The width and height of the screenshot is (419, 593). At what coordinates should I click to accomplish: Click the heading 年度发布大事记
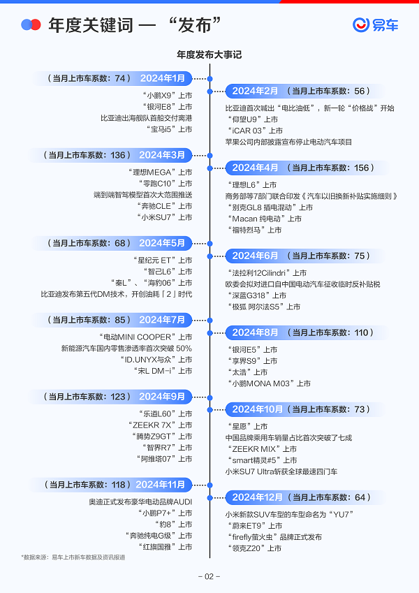(x=209, y=54)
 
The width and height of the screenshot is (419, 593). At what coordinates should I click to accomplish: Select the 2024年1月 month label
(x=163, y=78)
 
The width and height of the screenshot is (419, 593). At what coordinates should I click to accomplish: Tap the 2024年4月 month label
(x=255, y=168)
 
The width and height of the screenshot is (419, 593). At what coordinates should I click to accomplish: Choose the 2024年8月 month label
(x=255, y=332)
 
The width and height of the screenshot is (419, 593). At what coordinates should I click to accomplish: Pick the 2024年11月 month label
(x=161, y=484)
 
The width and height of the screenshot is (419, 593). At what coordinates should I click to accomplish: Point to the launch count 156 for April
(x=363, y=168)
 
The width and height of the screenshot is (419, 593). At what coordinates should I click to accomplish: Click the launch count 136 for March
(x=119, y=155)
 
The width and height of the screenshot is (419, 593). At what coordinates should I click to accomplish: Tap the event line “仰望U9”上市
(x=251, y=119)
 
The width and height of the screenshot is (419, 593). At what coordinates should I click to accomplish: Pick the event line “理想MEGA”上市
(x=160, y=173)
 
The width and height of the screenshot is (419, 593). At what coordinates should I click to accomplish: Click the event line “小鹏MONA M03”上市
(x=269, y=383)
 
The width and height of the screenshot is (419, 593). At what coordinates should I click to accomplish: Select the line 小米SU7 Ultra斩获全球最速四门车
(x=281, y=471)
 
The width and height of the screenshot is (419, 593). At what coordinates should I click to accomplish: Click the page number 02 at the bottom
(x=209, y=576)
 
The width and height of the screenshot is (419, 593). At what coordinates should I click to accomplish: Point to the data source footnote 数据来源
(x=73, y=557)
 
